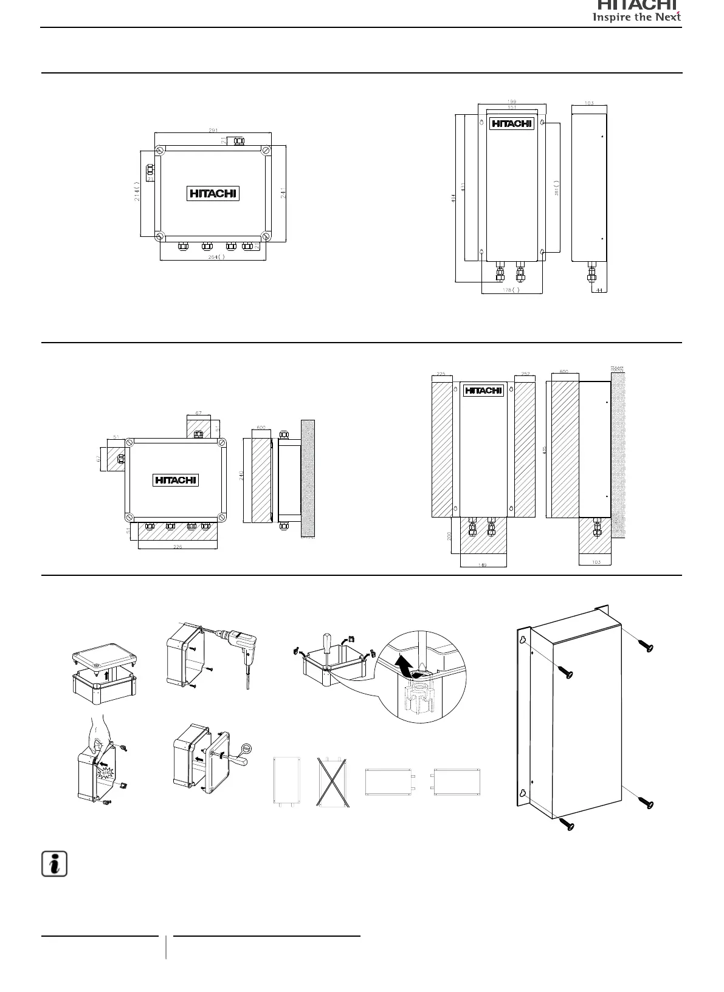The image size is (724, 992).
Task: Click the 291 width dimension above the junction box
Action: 213,130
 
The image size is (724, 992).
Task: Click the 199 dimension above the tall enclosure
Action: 511,102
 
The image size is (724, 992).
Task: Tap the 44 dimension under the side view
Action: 599,290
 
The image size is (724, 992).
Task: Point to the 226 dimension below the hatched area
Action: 178,547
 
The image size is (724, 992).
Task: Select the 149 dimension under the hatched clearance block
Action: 483,565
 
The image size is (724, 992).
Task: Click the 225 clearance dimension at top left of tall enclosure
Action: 441,374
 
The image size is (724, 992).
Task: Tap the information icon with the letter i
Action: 54,864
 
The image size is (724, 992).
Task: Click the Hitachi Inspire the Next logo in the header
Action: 638,10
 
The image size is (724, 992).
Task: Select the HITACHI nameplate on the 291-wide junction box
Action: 213,194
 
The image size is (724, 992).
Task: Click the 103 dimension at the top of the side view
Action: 589,103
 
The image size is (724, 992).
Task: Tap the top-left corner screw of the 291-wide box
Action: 160,150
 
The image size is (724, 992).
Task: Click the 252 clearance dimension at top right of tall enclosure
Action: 525,374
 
